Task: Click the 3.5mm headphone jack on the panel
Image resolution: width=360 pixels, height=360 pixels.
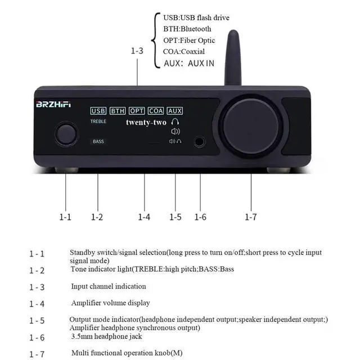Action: click(x=200, y=142)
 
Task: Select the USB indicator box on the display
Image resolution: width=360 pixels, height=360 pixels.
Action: click(x=98, y=111)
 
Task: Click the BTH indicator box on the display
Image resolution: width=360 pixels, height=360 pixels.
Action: click(x=118, y=111)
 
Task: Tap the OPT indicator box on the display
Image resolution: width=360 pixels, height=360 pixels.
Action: click(x=137, y=111)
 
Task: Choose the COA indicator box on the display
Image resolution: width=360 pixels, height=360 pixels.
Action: click(x=156, y=111)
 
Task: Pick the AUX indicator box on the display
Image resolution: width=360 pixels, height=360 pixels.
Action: click(x=175, y=111)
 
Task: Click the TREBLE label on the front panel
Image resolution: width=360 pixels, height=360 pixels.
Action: click(x=98, y=121)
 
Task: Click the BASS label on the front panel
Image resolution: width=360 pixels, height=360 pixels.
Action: click(x=98, y=142)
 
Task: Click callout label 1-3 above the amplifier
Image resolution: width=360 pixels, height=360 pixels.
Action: click(x=137, y=51)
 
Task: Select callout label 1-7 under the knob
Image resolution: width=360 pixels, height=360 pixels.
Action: click(x=250, y=217)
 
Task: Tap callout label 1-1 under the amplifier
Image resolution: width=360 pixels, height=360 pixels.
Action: click(x=66, y=217)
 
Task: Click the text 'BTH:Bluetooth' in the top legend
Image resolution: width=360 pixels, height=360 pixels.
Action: click(x=187, y=29)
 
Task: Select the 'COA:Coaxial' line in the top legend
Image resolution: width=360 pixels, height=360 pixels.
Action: click(x=184, y=52)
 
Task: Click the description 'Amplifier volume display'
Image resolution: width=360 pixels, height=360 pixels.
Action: click(x=110, y=303)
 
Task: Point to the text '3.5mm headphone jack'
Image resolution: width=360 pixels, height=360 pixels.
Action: click(x=106, y=336)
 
